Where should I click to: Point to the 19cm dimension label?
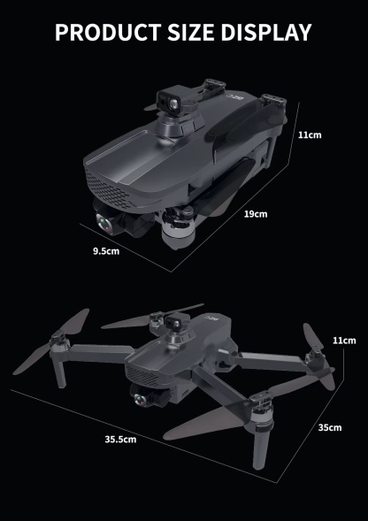coord(255,214)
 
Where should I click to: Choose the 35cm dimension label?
coord(329,427)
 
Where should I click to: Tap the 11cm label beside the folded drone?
coord(309,134)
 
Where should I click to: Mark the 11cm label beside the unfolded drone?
coord(343,341)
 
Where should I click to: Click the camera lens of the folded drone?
coord(103,223)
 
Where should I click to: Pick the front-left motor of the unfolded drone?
coord(60,338)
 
